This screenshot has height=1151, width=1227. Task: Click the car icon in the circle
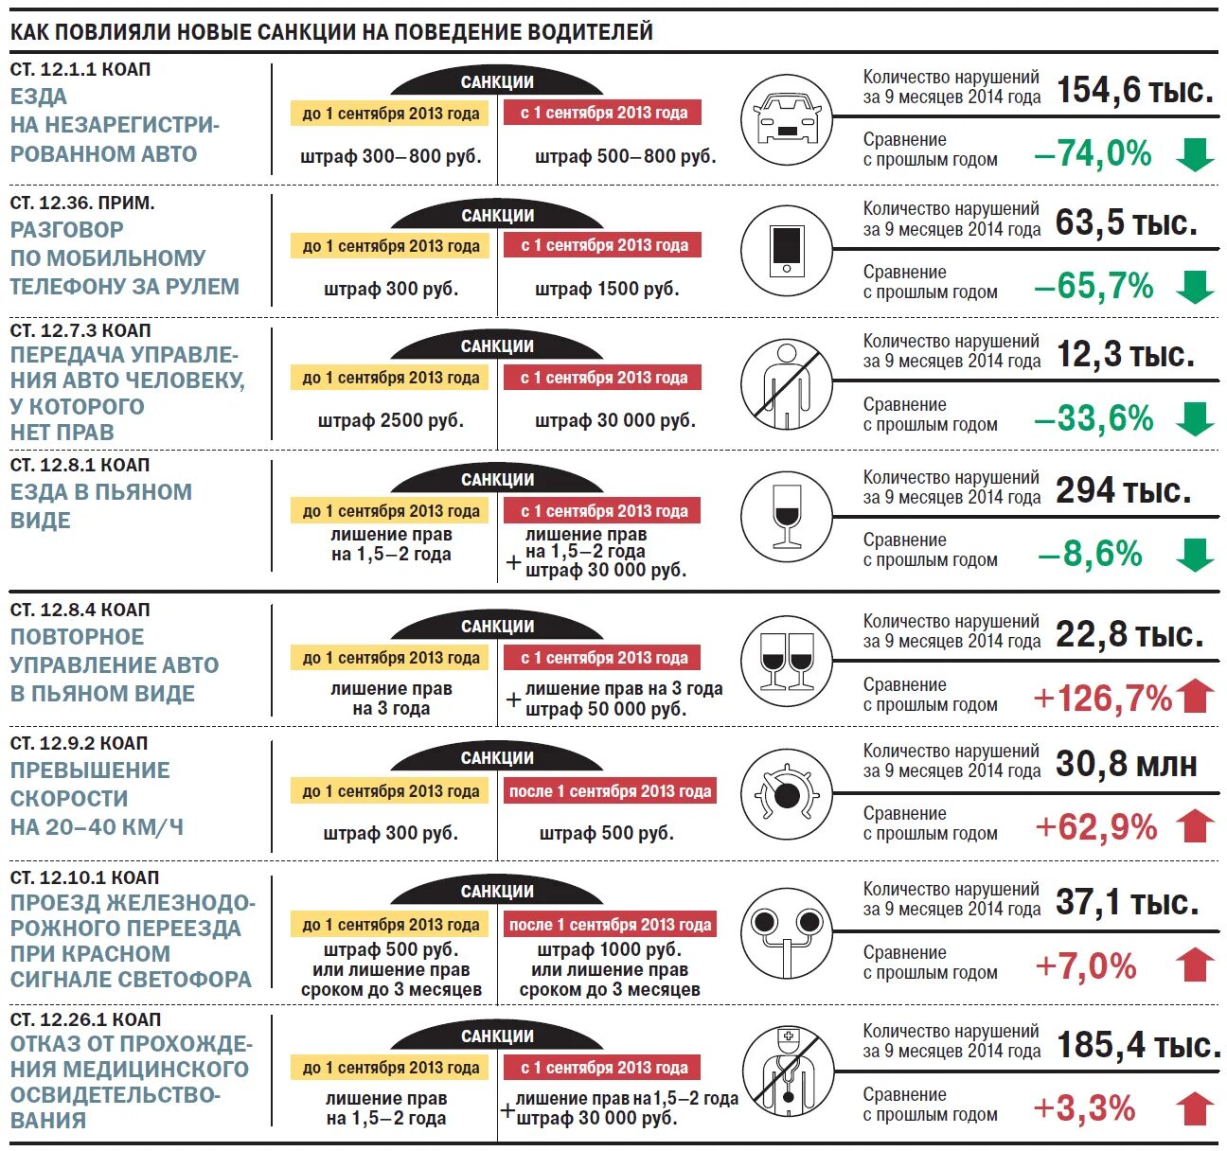786,119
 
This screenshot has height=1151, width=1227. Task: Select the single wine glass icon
786,516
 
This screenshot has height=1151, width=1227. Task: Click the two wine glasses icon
787,661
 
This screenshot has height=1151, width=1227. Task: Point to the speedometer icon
786,793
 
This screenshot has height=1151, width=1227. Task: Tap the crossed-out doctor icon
786,1071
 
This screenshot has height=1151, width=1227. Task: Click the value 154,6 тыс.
1134,91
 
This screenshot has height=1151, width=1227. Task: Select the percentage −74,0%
1093,153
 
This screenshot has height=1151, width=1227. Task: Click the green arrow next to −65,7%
1195,286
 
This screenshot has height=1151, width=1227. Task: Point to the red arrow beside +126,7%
1196,697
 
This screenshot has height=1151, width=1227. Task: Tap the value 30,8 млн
1126,764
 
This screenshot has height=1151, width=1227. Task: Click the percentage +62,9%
1095,827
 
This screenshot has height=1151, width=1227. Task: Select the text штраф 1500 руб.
607,289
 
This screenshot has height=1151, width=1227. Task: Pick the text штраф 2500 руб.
390,420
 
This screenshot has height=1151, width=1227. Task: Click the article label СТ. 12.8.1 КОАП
80,466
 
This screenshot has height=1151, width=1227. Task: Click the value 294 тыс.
1123,491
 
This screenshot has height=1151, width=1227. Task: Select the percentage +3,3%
1084,1108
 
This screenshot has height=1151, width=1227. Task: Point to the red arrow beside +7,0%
1195,965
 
